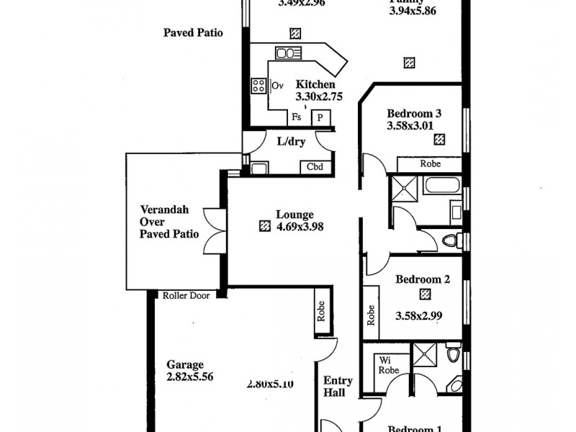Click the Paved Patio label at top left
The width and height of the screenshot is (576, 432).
click(x=193, y=33)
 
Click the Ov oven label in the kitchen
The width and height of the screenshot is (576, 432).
click(x=277, y=86)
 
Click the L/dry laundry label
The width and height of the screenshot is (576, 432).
click(x=291, y=142)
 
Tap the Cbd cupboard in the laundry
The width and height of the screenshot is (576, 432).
click(x=315, y=168)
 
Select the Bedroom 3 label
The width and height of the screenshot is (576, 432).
click(x=413, y=113)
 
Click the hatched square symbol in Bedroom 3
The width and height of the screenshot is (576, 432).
click(x=438, y=140)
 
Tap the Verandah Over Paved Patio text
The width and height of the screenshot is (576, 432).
click(x=163, y=222)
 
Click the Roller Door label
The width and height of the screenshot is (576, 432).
click(x=185, y=295)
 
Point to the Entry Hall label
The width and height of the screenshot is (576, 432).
click(x=338, y=387)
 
